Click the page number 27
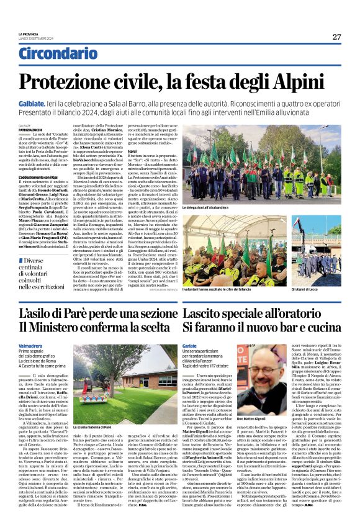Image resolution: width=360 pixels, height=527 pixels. (336, 37)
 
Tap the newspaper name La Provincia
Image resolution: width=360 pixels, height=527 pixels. (30, 34)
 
